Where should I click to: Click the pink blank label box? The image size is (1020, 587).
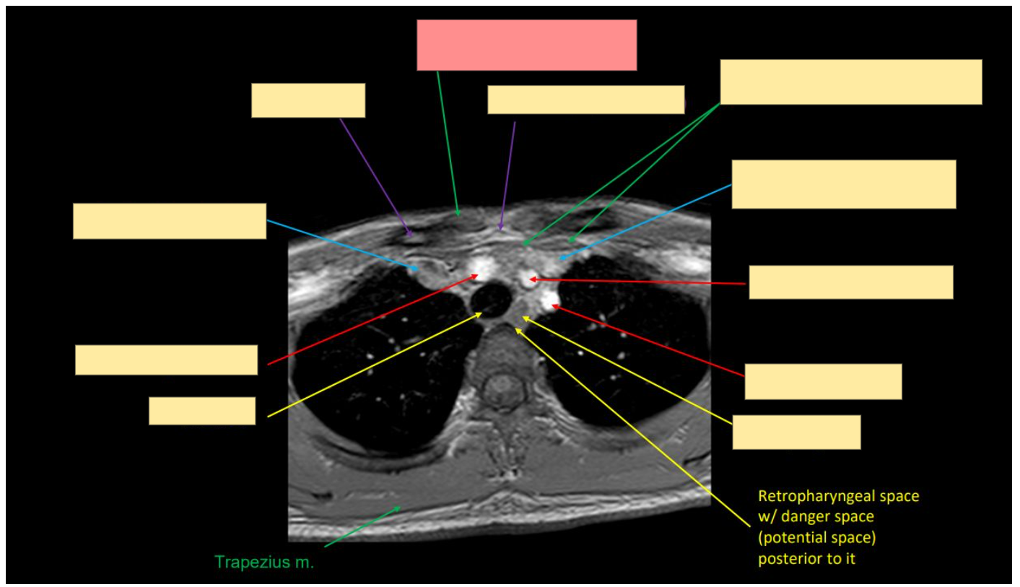[527, 45]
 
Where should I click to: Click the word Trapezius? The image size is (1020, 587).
[252, 562]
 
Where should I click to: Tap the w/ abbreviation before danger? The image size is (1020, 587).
[767, 516]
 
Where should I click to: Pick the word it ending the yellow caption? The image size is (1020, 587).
[850, 558]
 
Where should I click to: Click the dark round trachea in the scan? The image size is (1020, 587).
[492, 300]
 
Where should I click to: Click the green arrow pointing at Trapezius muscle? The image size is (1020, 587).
[362, 526]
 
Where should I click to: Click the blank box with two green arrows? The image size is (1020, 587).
[850, 82]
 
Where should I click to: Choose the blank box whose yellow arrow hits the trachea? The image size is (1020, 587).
[201, 411]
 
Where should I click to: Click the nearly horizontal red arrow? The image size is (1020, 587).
[637, 282]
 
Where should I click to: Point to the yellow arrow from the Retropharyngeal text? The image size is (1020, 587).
[633, 427]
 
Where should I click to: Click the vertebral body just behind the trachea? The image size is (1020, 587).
[502, 344]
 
